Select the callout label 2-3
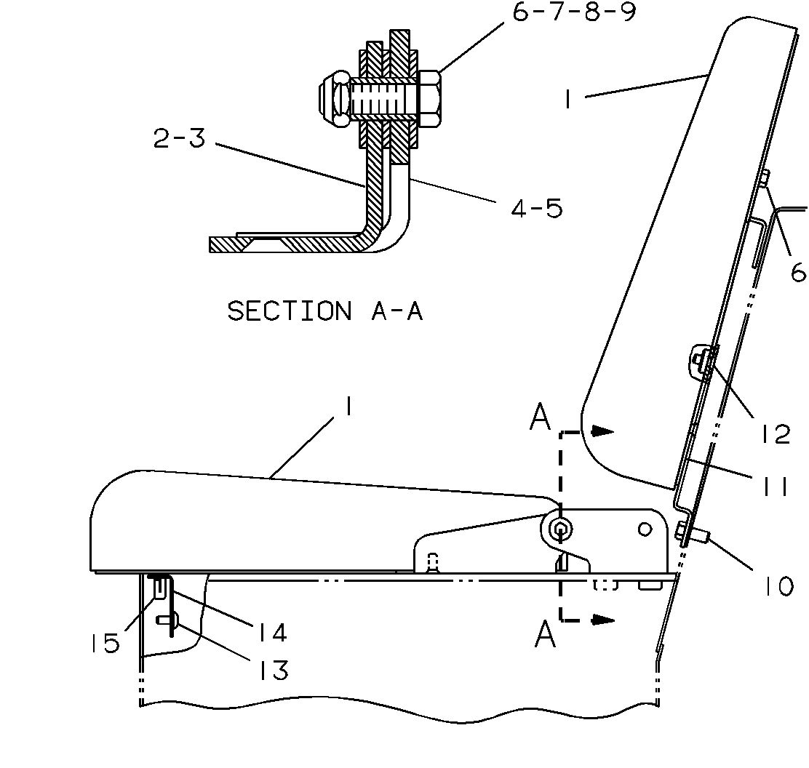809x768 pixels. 179,137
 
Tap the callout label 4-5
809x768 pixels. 536,208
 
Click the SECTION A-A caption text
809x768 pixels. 325,311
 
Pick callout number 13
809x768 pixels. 271,670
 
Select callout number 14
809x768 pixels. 269,632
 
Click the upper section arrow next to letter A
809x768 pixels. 602,431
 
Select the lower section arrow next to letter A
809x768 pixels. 602,620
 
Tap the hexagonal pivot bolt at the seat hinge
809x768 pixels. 559,529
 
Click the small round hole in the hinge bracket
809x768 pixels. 644,529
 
